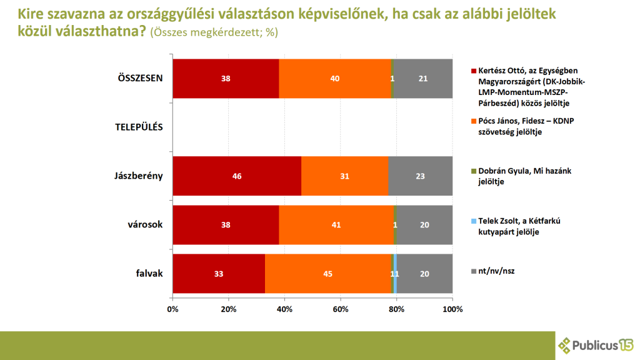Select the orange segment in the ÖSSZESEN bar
[x=335, y=79]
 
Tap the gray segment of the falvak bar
[x=425, y=274]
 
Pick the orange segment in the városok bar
[x=336, y=225]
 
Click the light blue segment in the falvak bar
[x=395, y=274]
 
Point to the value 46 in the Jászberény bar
[x=236, y=176]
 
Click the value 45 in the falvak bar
[x=327, y=274]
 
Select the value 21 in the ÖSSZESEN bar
[x=423, y=79]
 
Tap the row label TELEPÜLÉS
[x=139, y=127]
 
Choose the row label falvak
[x=149, y=274]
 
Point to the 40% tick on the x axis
[x=284, y=309]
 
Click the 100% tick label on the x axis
[x=452, y=309]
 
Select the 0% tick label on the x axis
[x=172, y=309]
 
